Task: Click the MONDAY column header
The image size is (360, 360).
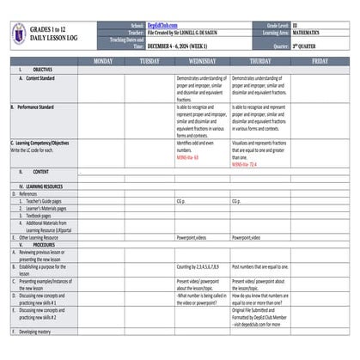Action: (x=102, y=62)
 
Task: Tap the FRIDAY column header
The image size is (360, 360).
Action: (x=320, y=62)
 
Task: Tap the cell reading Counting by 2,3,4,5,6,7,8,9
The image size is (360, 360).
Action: (x=202, y=267)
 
